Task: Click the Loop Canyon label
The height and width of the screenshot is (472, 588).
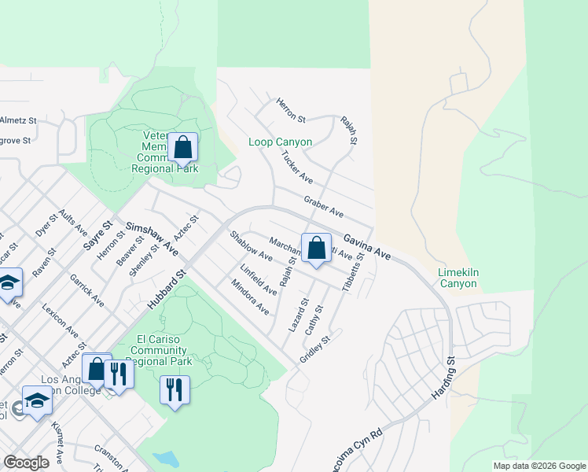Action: [x=280, y=142]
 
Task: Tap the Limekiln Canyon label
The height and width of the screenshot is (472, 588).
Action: [x=458, y=278]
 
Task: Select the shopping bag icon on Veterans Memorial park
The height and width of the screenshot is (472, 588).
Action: [x=182, y=147]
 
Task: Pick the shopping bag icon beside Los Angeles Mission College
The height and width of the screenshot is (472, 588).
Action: [x=96, y=368]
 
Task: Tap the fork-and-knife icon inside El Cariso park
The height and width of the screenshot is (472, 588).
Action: [x=175, y=389]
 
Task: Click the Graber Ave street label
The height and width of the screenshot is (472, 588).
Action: [x=325, y=208]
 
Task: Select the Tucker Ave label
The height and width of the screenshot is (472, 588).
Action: [x=297, y=168]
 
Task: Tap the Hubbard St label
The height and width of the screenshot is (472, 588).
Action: [x=168, y=286]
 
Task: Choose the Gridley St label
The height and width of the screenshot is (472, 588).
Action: [x=317, y=347]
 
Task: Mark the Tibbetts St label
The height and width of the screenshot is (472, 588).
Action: [x=353, y=272]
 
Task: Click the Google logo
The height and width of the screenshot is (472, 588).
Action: [x=26, y=462]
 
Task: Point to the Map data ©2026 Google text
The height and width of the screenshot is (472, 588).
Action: [x=538, y=466]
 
